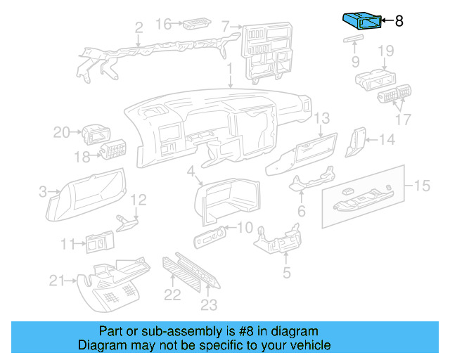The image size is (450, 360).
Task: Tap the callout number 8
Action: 399,21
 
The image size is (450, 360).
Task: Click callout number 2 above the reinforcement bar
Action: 139,28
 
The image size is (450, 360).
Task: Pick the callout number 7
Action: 225,27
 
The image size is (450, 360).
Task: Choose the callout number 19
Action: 385,51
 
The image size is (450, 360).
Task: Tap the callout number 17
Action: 403,120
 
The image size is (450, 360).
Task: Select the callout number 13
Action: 321,118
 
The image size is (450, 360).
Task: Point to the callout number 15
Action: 421,186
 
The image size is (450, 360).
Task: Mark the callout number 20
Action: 62,131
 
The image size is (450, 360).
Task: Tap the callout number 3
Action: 42,191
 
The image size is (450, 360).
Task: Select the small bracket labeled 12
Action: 126,222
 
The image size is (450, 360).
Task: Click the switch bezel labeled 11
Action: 100,243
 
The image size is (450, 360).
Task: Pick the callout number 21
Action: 57,281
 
